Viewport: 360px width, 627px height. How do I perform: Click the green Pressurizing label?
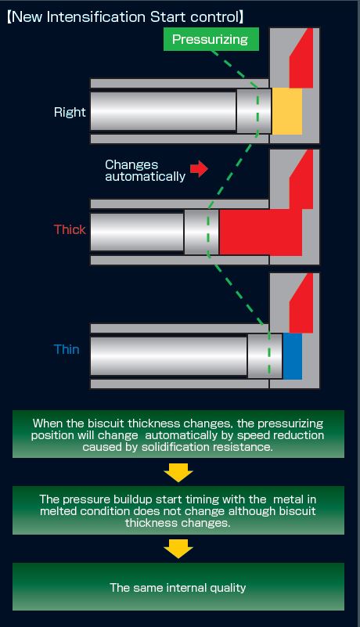point(211,39)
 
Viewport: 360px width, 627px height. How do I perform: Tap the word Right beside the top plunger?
point(70,113)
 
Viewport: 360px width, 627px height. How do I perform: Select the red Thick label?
point(70,229)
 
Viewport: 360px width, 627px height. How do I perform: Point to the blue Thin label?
point(67,349)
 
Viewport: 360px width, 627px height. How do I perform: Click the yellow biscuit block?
point(286,112)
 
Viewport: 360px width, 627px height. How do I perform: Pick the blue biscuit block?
point(293,356)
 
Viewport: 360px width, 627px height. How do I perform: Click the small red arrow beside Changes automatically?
point(199,169)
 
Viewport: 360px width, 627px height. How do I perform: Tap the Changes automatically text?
point(146,171)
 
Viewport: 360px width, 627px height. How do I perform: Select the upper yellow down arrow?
point(178,473)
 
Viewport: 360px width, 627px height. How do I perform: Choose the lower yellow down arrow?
point(178,549)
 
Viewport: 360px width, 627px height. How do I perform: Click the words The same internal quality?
point(178,587)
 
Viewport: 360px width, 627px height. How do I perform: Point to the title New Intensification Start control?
point(125,17)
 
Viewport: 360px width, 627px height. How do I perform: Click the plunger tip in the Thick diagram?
point(202,232)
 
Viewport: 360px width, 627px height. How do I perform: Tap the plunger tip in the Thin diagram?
point(265,356)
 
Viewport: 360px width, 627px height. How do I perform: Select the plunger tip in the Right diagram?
point(254,111)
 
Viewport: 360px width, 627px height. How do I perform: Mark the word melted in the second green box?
point(57,511)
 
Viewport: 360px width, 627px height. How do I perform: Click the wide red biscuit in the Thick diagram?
point(261,232)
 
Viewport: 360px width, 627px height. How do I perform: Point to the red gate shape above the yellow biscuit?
point(301,59)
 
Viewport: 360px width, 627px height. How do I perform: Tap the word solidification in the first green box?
point(175,447)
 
